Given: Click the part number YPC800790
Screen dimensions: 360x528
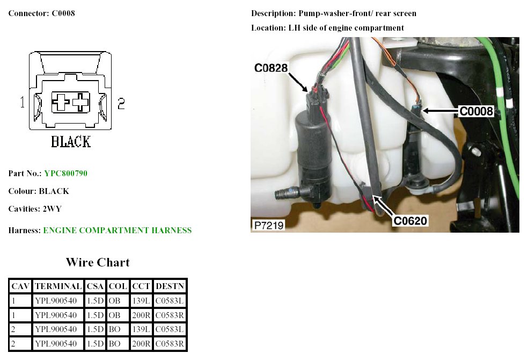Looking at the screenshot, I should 65,174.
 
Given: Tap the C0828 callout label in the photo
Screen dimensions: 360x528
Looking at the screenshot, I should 271,68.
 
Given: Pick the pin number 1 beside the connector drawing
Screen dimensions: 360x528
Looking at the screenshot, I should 23,103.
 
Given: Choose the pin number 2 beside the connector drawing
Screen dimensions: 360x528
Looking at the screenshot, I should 121,104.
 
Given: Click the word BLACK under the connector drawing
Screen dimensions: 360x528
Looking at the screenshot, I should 71,141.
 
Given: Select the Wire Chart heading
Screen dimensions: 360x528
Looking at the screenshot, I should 98,262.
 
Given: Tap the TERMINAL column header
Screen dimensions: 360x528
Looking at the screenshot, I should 58,286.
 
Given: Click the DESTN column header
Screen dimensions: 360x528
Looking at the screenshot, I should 170,286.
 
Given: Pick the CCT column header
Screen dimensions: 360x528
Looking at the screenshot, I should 141,286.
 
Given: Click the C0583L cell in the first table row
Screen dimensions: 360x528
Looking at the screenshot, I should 170,301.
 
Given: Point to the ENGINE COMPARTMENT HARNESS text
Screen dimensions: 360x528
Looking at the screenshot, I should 117,231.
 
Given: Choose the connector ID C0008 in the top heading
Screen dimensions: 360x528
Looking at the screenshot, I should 63,13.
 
